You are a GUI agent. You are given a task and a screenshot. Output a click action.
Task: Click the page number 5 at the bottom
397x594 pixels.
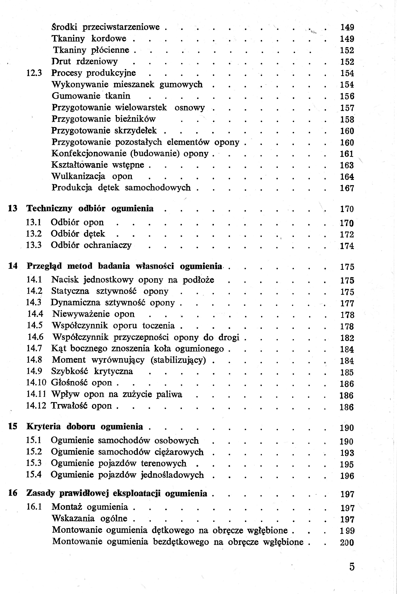tap(352, 566)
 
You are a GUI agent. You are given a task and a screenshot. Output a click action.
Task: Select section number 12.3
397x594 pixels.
tap(34, 73)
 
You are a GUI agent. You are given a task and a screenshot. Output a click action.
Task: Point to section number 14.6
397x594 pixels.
tap(36, 337)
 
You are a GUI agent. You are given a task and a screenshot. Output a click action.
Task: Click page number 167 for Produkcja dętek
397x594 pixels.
tap(347, 188)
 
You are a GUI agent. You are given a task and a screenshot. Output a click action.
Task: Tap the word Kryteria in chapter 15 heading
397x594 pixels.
tap(43, 427)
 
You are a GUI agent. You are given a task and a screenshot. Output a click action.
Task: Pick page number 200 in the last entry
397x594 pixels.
tap(347, 542)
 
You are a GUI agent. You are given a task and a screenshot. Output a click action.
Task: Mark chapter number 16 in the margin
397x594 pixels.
tap(13, 493)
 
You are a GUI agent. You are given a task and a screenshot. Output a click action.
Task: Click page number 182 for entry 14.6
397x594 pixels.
tap(347, 338)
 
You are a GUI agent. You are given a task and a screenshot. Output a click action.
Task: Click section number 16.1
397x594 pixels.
tap(34, 507)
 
